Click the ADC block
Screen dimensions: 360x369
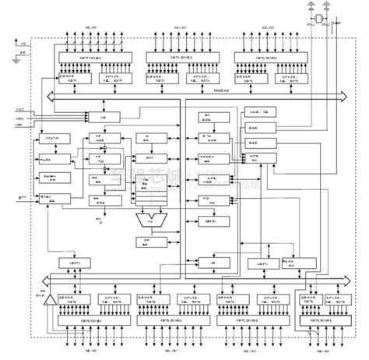point(101,116)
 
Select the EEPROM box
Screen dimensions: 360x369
point(210,221)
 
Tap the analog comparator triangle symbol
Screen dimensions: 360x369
point(49,300)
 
